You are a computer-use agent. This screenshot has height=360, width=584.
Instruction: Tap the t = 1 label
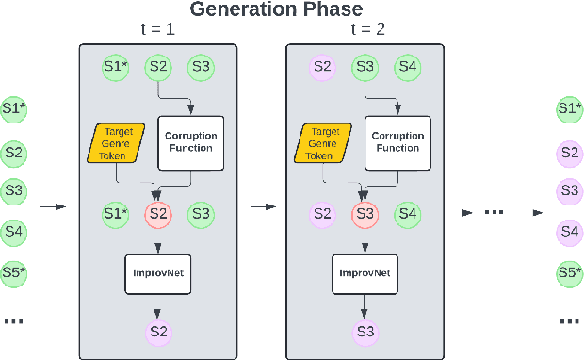coord(157,30)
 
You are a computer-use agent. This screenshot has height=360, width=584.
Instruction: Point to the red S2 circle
coord(157,213)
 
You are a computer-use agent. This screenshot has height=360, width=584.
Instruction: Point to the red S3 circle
coord(364,213)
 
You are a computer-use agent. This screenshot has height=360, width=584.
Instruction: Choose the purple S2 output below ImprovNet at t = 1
coord(157,331)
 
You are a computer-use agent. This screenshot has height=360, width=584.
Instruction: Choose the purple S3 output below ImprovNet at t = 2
coord(364,331)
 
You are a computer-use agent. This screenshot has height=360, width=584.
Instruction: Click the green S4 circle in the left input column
coord(13,229)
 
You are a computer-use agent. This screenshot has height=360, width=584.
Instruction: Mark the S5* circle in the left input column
coord(13,274)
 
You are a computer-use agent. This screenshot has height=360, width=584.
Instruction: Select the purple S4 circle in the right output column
coord(569,229)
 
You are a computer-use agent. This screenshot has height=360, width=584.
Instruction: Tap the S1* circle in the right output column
coord(569,108)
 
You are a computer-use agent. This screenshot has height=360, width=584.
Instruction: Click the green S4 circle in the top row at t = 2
coord(408,67)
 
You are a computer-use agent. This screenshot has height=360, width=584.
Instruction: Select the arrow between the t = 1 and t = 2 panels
coord(258,205)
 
